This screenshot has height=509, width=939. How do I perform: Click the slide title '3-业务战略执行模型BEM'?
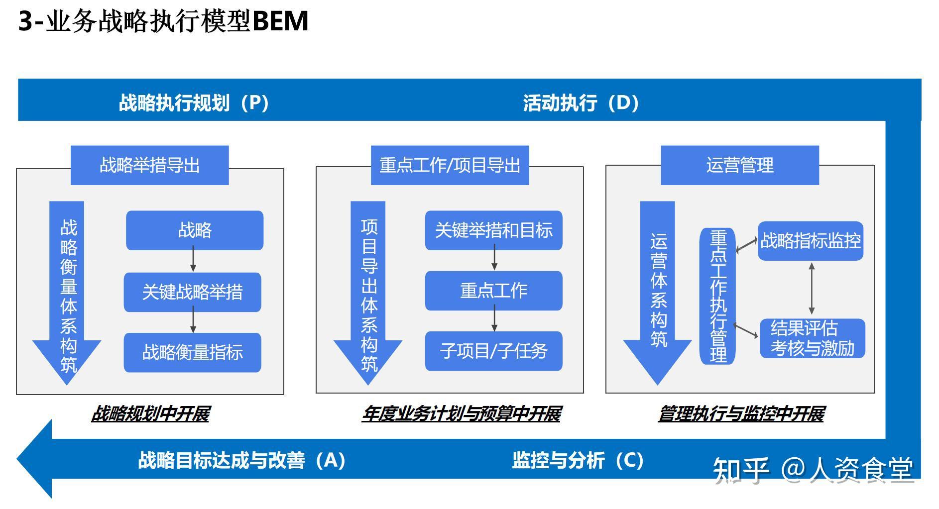[x=163, y=21]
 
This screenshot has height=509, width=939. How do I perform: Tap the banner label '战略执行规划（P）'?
[x=194, y=102]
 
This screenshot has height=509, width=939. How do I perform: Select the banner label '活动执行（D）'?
[x=581, y=102]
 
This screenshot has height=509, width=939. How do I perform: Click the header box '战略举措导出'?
[x=149, y=165]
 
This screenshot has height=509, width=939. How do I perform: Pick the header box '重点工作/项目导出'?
[x=450, y=165]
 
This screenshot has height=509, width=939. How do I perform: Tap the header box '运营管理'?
[x=739, y=165]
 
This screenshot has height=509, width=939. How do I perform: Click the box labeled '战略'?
[x=195, y=230]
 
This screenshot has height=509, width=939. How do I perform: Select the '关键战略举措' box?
[x=193, y=292]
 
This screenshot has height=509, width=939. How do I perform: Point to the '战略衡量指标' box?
[x=193, y=352]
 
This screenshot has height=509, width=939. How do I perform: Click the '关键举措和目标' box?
[x=493, y=230]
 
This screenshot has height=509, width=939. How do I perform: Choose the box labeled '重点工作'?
[x=493, y=291]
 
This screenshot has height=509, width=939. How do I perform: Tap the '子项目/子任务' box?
[x=493, y=351]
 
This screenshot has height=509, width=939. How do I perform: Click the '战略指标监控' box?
[x=811, y=241]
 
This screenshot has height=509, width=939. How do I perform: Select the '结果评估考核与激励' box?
[x=813, y=338]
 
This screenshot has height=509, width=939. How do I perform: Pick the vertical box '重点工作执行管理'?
[x=718, y=296]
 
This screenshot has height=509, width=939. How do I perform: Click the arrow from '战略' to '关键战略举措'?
[x=193, y=261]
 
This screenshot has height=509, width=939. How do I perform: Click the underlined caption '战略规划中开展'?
[x=150, y=414]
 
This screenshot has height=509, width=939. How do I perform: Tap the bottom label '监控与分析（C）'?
[x=578, y=460]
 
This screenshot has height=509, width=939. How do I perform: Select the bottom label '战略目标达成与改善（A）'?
[x=241, y=460]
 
